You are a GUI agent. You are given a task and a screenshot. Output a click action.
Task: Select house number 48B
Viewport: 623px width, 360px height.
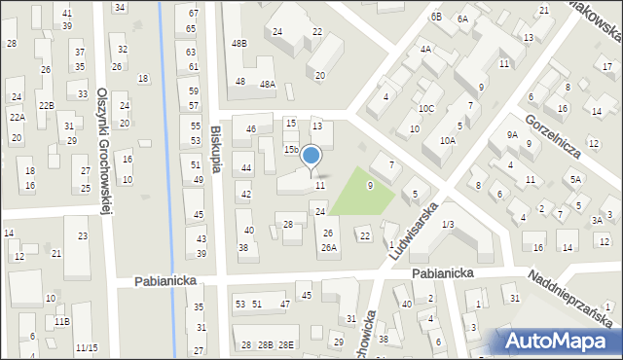(239, 44)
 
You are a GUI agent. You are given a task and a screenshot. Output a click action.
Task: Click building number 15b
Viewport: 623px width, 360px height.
(290, 150)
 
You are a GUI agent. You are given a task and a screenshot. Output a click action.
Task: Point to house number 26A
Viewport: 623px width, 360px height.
(329, 247)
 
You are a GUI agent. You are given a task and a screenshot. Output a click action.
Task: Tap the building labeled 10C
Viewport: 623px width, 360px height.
(426, 109)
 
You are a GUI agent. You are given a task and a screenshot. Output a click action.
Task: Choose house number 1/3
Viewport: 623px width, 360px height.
(447, 225)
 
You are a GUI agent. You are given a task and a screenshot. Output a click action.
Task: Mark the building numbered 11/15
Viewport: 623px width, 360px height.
(87, 347)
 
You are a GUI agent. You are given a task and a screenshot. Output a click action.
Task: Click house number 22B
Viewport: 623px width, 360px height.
(46, 105)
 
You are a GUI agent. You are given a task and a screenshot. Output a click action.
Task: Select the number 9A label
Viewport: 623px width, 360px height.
(512, 135)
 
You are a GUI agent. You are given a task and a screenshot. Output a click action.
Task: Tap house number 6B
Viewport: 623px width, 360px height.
(436, 17)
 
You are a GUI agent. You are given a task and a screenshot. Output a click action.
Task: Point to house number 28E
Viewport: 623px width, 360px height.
(285, 345)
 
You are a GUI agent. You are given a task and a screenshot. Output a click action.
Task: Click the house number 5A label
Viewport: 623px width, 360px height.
(576, 179)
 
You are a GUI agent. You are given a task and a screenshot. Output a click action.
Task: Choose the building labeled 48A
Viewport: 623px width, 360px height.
(268, 85)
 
